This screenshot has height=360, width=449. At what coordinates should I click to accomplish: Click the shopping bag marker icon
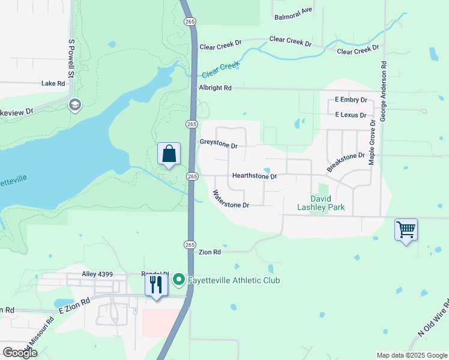[169, 154]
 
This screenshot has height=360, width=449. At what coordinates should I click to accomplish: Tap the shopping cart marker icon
[406, 229]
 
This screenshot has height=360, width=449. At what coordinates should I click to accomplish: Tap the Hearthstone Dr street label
[255, 176]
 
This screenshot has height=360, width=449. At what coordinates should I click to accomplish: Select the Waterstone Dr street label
[231, 199]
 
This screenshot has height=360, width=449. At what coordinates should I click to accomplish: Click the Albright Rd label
[215, 88]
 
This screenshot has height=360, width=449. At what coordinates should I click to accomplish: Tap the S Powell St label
[71, 59]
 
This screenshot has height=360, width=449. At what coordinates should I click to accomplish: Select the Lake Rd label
[53, 84]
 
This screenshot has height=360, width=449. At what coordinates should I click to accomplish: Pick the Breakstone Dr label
[346, 160]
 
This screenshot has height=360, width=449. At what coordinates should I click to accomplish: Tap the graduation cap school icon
[75, 106]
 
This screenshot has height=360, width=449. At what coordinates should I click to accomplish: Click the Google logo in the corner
[20, 353]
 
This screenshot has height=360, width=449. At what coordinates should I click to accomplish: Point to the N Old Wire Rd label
[433, 316]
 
